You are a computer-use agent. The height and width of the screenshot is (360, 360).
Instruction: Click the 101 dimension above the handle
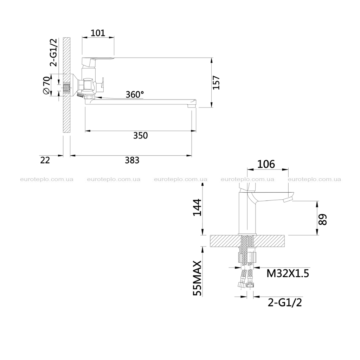coord(98,33)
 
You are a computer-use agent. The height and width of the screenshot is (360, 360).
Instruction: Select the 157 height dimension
coord(216,82)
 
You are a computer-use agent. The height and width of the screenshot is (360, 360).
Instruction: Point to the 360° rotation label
coord(135,94)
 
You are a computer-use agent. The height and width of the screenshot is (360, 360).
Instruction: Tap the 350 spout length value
coord(141,135)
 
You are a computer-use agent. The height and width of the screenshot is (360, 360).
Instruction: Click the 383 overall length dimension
coord(132,160)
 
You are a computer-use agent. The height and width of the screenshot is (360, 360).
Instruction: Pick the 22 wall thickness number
coord(45,160)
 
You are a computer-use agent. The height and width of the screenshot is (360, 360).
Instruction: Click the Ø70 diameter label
coord(46,85)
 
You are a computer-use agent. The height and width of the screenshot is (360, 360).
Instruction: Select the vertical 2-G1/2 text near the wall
coord(53,52)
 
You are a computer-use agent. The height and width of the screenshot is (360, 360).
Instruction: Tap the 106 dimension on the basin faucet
coord(266,164)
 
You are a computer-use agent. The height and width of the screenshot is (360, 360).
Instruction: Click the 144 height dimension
coord(197,207)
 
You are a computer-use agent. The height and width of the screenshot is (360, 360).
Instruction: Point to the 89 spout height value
coord(323,219)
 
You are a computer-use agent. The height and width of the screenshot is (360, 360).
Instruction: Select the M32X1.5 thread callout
coord(288,274)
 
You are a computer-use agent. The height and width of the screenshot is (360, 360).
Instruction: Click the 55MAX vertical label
coord(197,278)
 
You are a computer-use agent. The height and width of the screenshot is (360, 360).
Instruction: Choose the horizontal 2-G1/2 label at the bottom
coord(285,303)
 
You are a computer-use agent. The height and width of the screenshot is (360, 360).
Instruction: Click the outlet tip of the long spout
coord(192,106)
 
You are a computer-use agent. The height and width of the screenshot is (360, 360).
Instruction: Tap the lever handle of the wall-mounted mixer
coord(98,62)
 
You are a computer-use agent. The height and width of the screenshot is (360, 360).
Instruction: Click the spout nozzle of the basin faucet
coord(288,200)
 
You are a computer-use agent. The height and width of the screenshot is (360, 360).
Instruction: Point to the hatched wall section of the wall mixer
coord(66,85)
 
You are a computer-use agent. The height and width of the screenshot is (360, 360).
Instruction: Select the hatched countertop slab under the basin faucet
coord(247,241)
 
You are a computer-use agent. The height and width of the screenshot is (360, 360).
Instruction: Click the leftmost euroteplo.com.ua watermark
coord(47,179)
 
